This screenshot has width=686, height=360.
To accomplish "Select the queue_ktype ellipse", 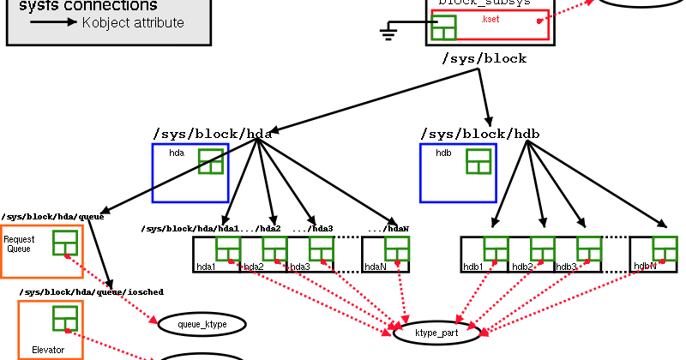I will pos(202,324).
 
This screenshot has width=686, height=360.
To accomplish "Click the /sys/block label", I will pos(484,59).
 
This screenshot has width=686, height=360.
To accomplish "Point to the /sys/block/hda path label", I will pos(212,134).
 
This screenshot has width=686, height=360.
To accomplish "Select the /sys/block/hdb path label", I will pos(480,134).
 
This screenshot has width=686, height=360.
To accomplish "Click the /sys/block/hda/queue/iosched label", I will pos(91,292).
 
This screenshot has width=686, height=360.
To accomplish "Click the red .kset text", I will pos(490,19).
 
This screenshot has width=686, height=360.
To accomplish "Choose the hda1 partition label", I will pos(206,267).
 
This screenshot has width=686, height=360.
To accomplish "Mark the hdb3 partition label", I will pos(566,267).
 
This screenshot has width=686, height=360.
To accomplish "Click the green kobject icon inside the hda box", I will pos(210,161).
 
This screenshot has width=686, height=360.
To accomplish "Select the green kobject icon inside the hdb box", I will pos(478,161).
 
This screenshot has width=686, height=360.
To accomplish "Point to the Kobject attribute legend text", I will pos(133,22).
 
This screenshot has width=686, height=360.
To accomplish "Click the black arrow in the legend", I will pos(53,22).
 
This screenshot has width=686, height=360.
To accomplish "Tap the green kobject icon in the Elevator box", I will pos(65,318).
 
